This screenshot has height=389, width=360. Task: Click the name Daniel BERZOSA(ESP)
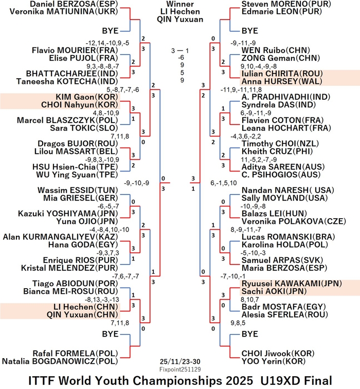[x=74, y=4]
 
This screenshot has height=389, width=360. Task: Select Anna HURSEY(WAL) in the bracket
[x=282, y=81]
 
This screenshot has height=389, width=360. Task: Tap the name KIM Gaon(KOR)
[x=87, y=97]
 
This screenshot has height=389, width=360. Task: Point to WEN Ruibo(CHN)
[x=276, y=50]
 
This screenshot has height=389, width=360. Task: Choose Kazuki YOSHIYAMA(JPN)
[x=68, y=214]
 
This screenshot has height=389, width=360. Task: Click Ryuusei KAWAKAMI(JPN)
[x=292, y=284]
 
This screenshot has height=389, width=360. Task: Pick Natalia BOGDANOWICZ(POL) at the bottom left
[x=60, y=361]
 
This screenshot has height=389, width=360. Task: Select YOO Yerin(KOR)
[x=274, y=361]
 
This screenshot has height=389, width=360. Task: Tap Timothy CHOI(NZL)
[x=280, y=144]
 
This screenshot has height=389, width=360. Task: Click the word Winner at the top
[x=180, y=4]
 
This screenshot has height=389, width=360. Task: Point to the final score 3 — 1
[x=180, y=51]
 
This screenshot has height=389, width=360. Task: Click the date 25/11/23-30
[x=180, y=361]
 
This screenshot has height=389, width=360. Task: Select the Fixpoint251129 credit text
[x=180, y=369]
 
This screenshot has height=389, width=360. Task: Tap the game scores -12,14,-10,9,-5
[x=107, y=43]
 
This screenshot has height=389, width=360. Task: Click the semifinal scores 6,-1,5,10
[x=224, y=183]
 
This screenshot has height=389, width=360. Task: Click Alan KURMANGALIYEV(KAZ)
[x=61, y=237]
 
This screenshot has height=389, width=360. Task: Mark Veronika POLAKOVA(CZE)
[x=294, y=221]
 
